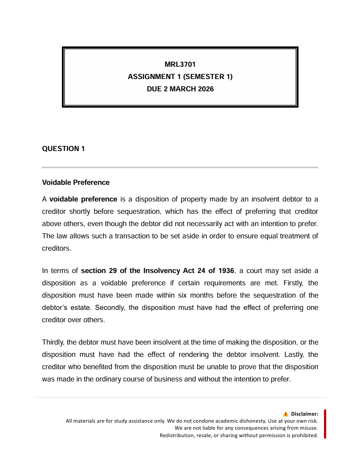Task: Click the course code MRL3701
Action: (180, 65)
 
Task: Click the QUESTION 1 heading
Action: (63, 149)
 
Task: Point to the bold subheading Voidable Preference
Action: (76, 182)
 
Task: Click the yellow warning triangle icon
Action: (286, 414)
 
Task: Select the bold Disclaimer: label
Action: (304, 414)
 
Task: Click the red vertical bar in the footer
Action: (325, 424)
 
